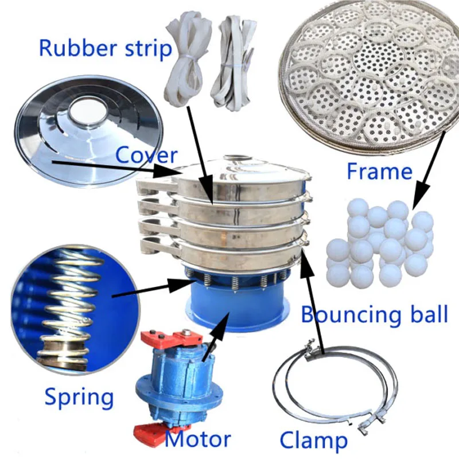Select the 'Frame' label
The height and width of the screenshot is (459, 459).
(x=379, y=171)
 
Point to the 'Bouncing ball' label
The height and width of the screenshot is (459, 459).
(x=374, y=314)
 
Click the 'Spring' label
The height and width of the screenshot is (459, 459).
(x=79, y=396)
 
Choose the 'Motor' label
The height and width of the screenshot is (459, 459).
(x=198, y=440)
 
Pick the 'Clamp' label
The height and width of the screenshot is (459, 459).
(x=313, y=441)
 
